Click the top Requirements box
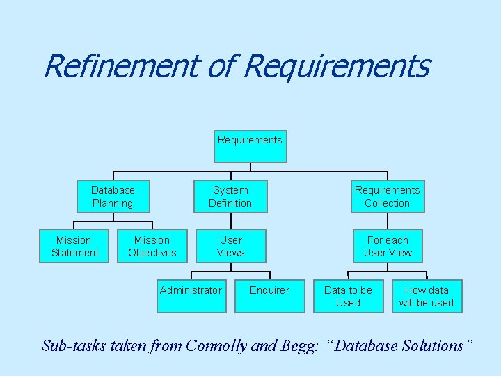tap(250, 146)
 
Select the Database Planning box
tap(113, 196)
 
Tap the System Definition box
tap(230, 196)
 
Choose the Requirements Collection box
tap(388, 196)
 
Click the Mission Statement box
tap(74, 246)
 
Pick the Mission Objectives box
tap(152, 246)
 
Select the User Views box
tap(230, 246)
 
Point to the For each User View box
tap(388, 246)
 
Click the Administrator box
tap(191, 297)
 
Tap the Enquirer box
tap(269, 297)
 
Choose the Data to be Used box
tap(348, 297)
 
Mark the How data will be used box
tap(427, 297)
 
